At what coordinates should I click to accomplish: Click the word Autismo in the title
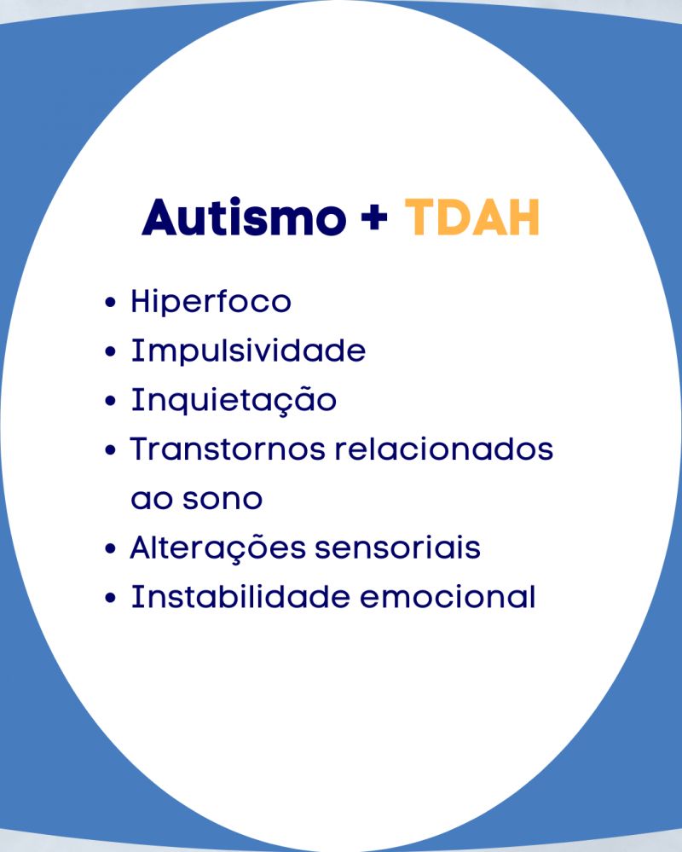244,217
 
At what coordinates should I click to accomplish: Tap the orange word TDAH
472,217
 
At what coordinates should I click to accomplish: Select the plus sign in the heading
374,217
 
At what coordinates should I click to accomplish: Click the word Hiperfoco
211,301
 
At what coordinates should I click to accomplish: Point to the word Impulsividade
248,350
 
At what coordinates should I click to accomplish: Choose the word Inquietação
234,401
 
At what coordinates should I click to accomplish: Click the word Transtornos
228,449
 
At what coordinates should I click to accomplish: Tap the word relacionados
443,449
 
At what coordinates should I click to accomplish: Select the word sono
223,499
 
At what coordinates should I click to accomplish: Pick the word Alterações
217,548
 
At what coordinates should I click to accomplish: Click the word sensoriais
397,548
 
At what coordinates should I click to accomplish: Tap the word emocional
448,597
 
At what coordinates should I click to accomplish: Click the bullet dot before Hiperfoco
110,302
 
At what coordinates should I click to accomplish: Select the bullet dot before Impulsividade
110,351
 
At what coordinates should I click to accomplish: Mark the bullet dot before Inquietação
110,401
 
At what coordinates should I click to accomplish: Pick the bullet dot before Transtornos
110,450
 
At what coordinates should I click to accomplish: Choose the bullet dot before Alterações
110,548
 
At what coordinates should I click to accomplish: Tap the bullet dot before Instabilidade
110,598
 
